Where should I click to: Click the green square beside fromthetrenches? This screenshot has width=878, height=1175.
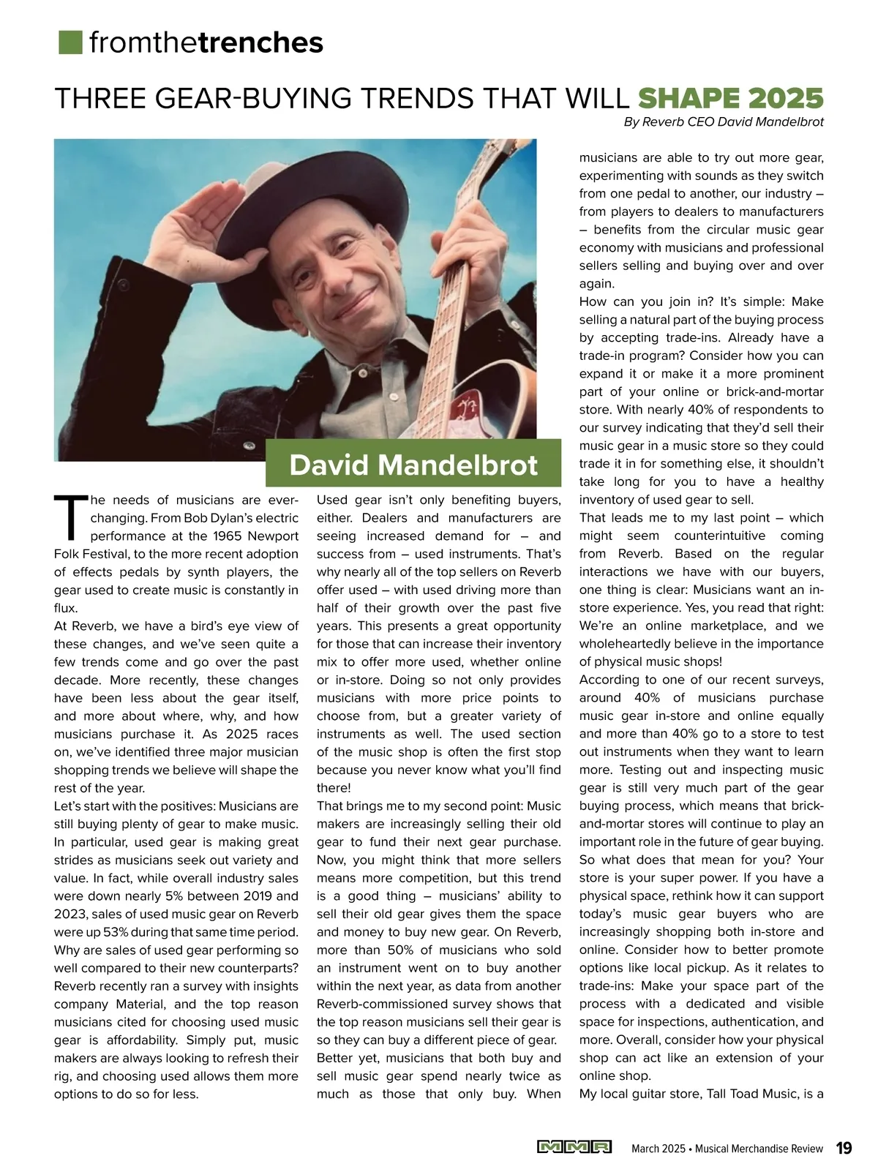click(x=70, y=42)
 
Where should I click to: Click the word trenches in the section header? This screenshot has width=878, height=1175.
click(x=260, y=43)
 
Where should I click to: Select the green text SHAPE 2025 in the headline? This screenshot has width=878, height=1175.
click(x=731, y=98)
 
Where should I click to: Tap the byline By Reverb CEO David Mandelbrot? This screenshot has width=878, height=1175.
click(x=724, y=122)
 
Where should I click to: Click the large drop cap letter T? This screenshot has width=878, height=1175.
click(x=69, y=516)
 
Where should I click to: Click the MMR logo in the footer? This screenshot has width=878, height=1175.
click(x=574, y=1147)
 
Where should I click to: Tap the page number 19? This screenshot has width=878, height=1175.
click(x=844, y=1148)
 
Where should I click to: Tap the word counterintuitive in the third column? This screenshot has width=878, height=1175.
click(x=718, y=536)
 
